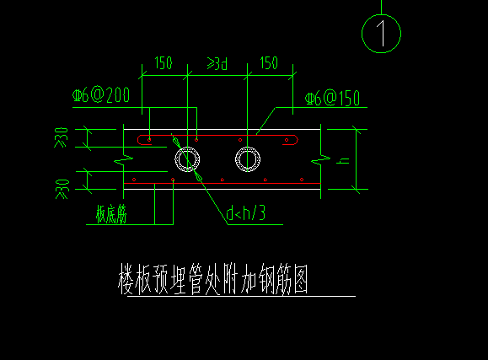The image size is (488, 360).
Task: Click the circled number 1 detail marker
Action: coord(381,15)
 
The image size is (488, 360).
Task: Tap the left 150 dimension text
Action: coord(164,63)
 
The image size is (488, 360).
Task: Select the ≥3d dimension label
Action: coord(217,63)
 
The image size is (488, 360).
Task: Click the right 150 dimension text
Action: coord(269,63)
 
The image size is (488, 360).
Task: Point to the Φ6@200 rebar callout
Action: coord(101,94)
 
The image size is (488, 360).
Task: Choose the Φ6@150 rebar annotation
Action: coord(332,98)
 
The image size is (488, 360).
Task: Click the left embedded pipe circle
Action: coord(187,147)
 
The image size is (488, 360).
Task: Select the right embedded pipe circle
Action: coord(248,147)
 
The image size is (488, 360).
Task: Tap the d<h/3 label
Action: coord(245,213)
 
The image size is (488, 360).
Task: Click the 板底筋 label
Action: coord(111,214)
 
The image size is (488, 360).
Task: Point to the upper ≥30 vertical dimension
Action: coord(61,137)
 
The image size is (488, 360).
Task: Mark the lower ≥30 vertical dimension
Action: coord(62,189)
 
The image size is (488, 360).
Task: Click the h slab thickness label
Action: coord(343,161)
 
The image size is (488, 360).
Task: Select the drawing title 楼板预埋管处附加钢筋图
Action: coord(213,279)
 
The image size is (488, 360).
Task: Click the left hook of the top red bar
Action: coord(138,140)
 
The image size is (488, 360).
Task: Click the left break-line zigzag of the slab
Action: coord(124,160)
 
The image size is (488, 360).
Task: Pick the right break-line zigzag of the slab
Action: coord(321,160)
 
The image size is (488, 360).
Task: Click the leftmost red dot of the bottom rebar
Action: coord(134,180)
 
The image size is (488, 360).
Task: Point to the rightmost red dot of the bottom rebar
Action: coord(302,180)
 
